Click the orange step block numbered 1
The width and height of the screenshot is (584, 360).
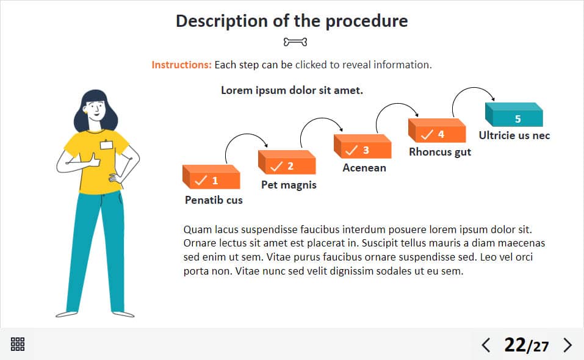pos(211,177)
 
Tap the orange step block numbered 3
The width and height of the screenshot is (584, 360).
pos(362,146)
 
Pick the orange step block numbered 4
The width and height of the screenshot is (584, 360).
pos(437,131)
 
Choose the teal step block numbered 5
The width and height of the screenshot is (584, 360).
pos(514,115)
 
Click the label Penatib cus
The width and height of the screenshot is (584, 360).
pos(214,200)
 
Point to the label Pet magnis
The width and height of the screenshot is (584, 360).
pos(289,185)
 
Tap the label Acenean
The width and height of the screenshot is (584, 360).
pos(364,168)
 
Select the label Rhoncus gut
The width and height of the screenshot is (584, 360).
pos(440,152)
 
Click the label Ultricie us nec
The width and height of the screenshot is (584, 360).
pos(514,135)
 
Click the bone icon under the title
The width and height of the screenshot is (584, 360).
pos(295,42)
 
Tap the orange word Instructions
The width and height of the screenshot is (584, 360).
pos(181,65)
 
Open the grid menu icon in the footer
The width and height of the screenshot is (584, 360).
pos(18,344)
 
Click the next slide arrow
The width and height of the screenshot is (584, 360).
pos(568,345)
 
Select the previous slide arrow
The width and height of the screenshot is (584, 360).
pos(486,345)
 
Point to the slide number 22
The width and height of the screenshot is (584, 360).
pos(514,345)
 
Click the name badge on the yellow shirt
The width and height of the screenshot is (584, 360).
pos(107,145)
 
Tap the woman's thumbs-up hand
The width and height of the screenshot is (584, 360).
pos(93,160)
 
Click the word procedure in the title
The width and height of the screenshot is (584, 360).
pos(367,21)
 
